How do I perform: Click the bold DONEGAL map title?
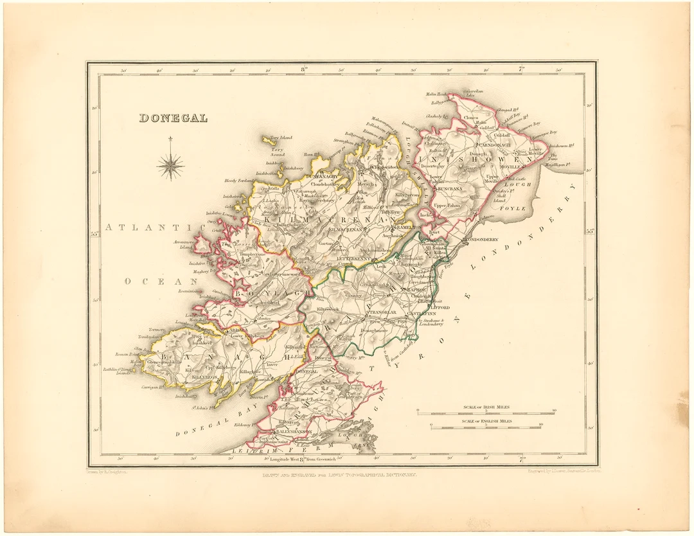pyautogui.click(x=173, y=118)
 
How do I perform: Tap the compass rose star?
pyautogui.click(x=170, y=166)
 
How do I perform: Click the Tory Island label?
pyautogui.click(x=281, y=138)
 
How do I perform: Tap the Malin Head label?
pyautogui.click(x=436, y=94)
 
